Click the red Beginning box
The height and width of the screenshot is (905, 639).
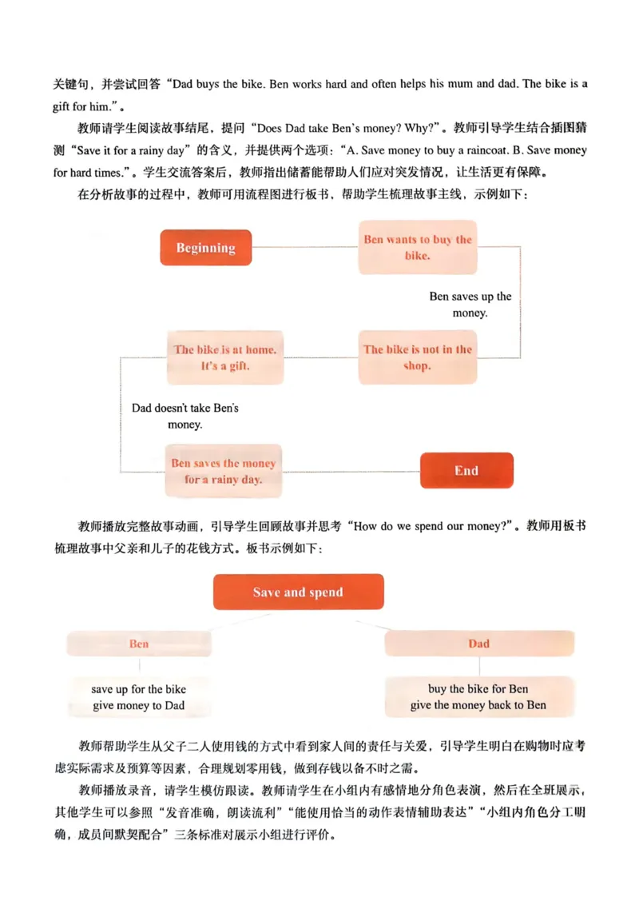[205, 248]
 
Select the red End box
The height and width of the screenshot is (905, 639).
[466, 471]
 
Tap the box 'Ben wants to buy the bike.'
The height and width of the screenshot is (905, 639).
[418, 248]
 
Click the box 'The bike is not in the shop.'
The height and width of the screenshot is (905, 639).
[418, 357]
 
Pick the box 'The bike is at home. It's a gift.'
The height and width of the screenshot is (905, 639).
[225, 357]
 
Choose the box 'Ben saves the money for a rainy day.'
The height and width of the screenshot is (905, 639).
[224, 472]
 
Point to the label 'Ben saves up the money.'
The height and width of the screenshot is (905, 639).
[470, 305]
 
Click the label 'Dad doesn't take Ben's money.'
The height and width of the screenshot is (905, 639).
[185, 416]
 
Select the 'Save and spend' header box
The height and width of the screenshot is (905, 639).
[298, 592]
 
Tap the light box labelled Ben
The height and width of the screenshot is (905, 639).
[139, 644]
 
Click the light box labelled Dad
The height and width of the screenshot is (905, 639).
[479, 644]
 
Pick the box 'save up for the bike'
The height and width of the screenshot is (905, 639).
[139, 689]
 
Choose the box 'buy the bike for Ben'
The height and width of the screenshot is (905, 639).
[478, 689]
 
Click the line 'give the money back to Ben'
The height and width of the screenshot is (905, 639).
[478, 705]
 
